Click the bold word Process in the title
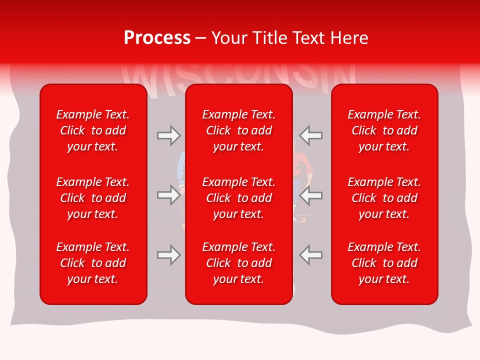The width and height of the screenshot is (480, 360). (x=157, y=38)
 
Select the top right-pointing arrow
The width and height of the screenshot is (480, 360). (x=168, y=135)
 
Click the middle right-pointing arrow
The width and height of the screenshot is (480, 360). (x=168, y=195)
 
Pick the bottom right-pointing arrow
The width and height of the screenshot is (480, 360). (x=168, y=255)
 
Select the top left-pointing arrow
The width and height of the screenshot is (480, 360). (x=311, y=135)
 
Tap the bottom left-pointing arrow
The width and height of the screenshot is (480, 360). (x=311, y=255)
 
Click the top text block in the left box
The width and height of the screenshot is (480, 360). (x=93, y=130)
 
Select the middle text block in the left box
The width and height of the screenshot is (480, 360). (x=93, y=198)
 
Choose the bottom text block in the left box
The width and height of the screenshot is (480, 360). (x=93, y=263)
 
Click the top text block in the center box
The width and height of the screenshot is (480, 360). (x=238, y=130)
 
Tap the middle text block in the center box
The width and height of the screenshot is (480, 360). (x=238, y=198)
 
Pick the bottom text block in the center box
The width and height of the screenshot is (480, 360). (x=238, y=263)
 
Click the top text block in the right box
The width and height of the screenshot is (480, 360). (x=384, y=130)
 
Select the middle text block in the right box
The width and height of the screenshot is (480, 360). (x=384, y=198)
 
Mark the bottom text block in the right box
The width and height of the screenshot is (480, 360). (x=384, y=263)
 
